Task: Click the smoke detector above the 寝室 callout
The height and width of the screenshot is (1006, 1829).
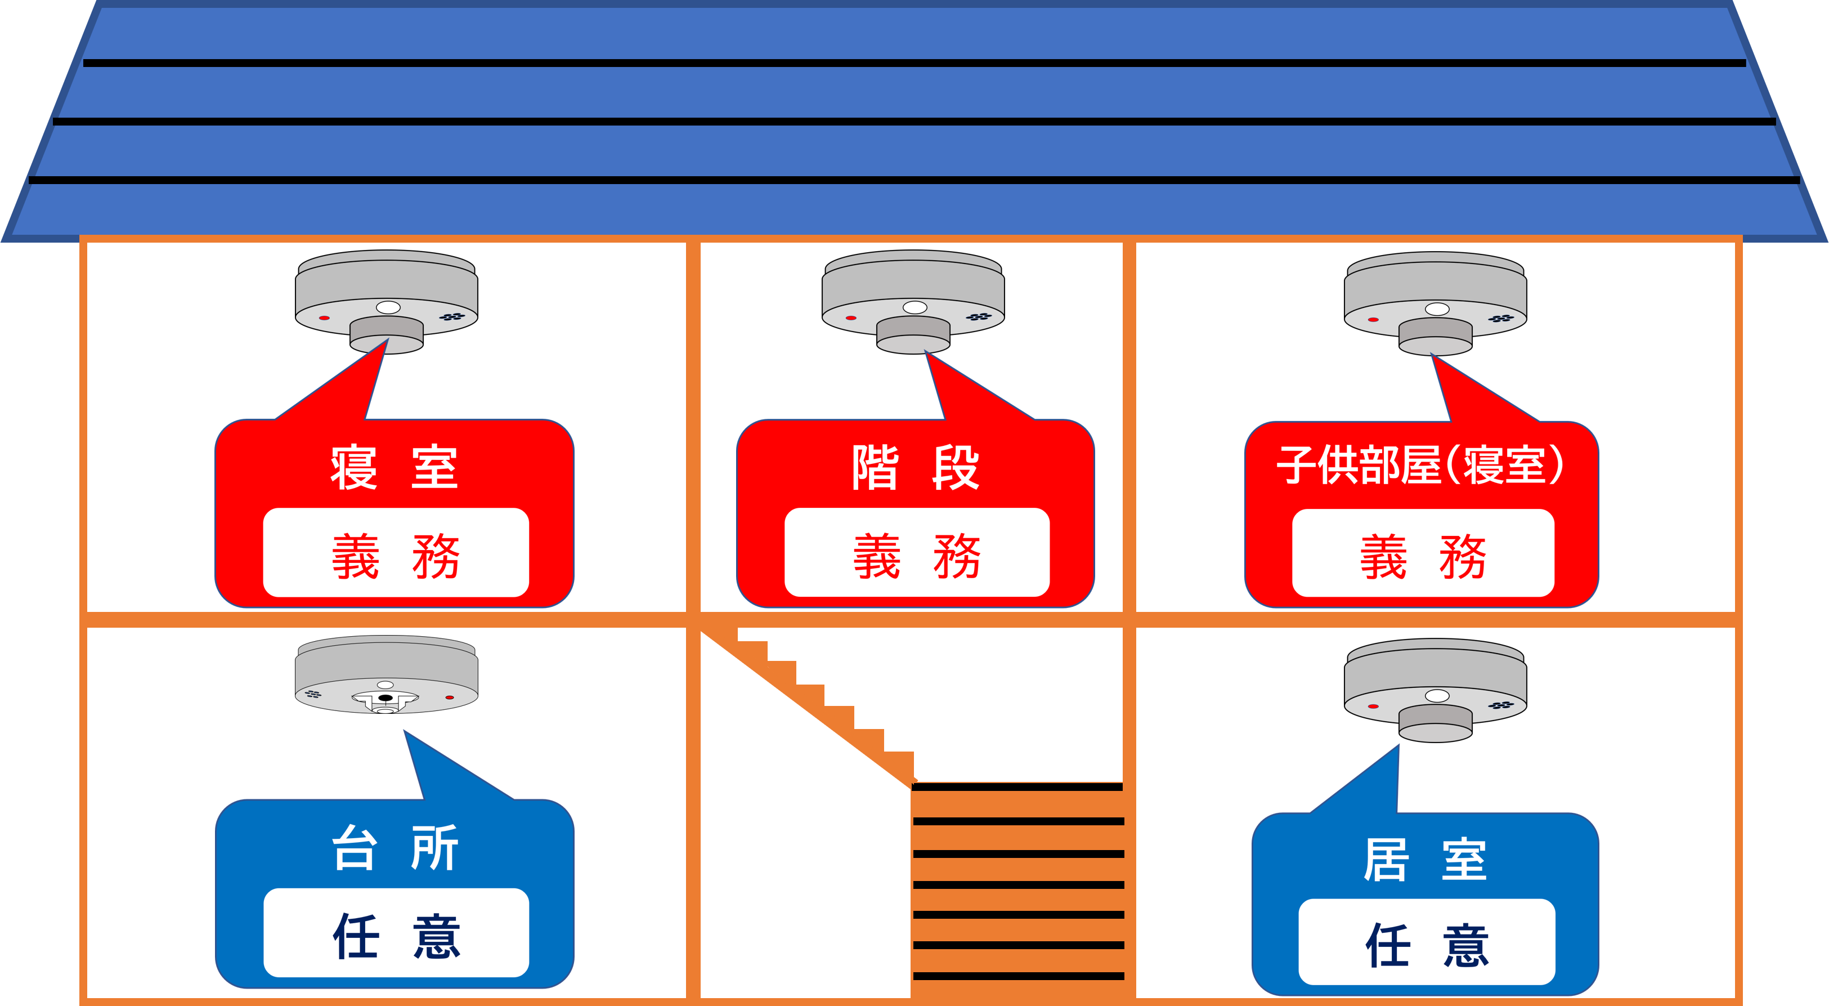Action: pos(386,298)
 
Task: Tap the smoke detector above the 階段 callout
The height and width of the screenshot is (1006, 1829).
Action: pos(913,298)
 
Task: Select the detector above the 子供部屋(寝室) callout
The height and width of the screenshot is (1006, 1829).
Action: pos(1435,301)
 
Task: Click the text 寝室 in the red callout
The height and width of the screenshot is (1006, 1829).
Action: pos(394,467)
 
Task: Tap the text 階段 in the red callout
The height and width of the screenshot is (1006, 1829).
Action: pos(915,467)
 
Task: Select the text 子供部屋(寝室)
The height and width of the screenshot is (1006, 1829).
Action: pos(1420,466)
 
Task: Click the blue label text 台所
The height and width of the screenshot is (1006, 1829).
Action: pos(395,848)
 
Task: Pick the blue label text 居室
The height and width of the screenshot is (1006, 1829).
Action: pos(1424,860)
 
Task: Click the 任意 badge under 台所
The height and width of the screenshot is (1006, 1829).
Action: pos(396,935)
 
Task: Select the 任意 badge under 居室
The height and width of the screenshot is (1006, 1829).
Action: pos(1427,944)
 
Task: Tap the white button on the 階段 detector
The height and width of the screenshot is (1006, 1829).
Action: pos(914,307)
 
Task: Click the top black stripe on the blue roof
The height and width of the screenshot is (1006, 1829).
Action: pos(914,63)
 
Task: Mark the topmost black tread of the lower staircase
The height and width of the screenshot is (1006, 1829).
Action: pos(1017,786)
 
